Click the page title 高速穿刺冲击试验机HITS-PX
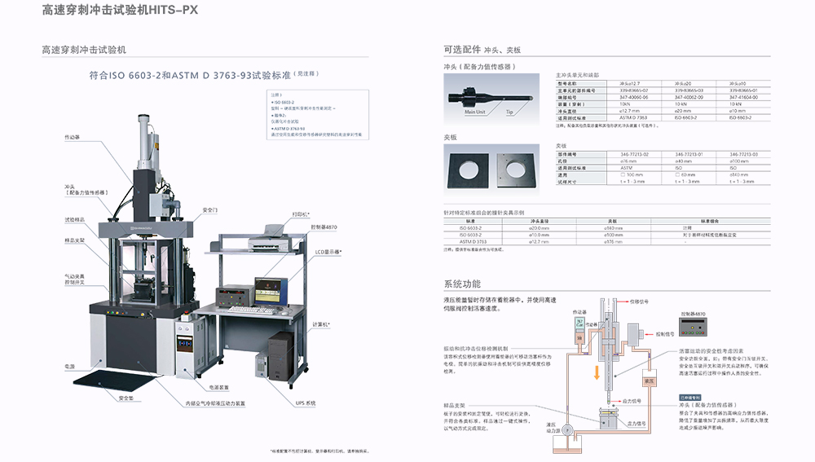(x=120, y=11)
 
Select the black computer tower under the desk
(x=280, y=354)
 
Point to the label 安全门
(x=210, y=209)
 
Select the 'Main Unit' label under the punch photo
(x=475, y=112)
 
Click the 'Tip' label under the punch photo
(x=509, y=112)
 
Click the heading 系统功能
(x=462, y=284)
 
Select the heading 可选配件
(x=462, y=49)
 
